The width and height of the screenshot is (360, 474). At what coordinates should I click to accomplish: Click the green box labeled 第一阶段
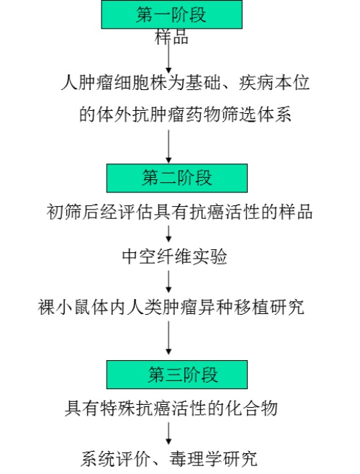171,14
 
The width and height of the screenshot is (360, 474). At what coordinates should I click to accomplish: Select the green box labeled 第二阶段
177,178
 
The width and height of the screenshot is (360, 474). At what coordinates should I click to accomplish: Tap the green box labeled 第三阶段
177,375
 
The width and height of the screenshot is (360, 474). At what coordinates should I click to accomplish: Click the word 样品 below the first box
171,37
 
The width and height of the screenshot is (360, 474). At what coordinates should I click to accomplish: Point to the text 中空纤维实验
174,257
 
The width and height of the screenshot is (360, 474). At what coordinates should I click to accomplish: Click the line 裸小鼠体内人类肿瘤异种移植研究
171,307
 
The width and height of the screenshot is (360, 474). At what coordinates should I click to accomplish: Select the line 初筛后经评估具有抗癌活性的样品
179,212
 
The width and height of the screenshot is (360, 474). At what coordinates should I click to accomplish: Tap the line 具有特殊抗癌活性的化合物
171,408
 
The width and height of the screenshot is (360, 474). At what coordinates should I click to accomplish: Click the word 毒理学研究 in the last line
213,459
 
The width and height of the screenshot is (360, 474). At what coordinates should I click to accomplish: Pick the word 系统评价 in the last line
115,459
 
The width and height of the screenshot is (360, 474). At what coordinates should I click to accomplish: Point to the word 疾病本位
274,82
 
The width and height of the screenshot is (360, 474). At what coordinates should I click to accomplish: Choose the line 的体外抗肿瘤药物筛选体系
185,115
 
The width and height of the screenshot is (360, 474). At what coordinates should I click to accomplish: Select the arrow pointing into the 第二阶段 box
168,147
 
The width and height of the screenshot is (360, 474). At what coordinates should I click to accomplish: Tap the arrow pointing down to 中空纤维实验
168,233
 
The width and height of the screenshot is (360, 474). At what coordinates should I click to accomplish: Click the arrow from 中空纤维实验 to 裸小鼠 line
168,282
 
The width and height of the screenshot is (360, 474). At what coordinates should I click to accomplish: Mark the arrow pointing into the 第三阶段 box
168,338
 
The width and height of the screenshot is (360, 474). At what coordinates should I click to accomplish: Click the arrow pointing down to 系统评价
168,434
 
